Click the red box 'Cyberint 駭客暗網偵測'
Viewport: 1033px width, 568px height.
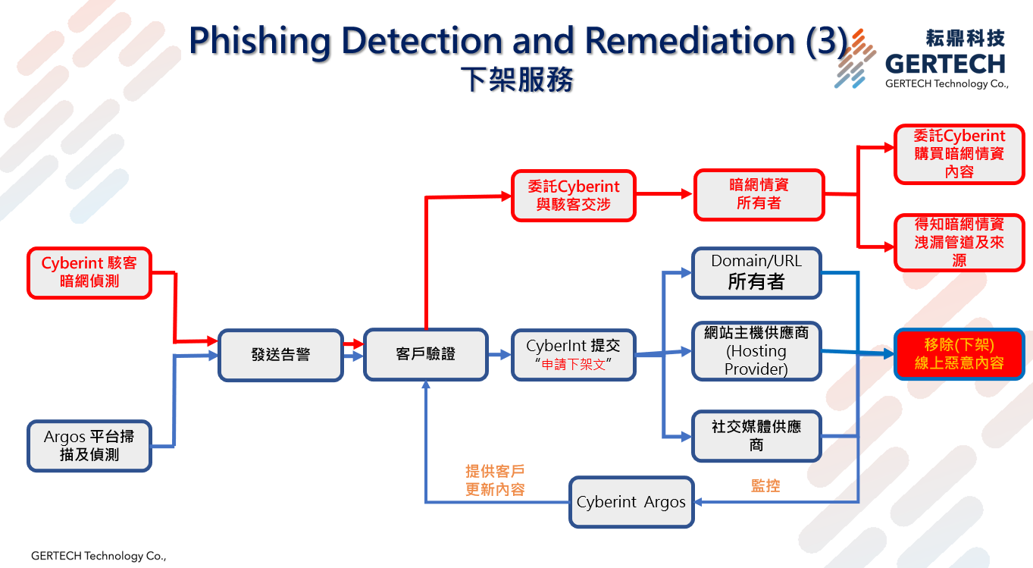pos(89,272)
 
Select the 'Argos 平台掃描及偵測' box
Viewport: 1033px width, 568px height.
pos(89,446)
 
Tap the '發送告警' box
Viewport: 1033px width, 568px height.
pos(280,354)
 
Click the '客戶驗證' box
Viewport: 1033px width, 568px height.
pos(425,354)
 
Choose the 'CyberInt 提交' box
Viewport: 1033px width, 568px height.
pos(573,347)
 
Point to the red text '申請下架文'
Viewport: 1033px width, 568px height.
pos(573,364)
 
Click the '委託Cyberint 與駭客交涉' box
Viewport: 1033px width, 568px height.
pos(573,195)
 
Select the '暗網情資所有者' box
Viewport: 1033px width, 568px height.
pos(758,194)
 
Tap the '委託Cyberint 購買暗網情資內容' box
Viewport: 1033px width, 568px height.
pos(959,155)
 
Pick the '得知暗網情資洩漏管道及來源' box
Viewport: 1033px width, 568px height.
pos(959,243)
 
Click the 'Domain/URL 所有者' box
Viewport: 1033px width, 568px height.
pos(756,272)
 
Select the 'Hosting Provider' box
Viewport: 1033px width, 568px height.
pos(756,351)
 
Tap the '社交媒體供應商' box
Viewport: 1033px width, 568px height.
pos(756,435)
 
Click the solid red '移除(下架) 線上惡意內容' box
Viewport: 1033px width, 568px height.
pos(959,353)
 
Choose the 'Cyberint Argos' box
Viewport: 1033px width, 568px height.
pos(631,502)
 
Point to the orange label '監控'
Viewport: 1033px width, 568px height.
pos(765,485)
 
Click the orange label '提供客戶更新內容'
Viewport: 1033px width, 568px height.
pos(494,481)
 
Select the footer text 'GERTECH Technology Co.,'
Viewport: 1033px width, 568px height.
pos(98,556)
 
